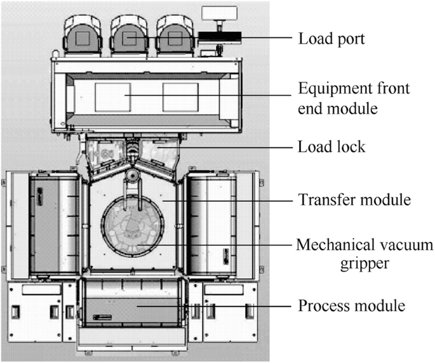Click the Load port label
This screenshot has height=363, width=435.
pyautogui.click(x=331, y=38)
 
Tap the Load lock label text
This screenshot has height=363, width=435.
pyautogui.click(x=331, y=147)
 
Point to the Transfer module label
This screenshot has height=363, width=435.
pyautogui.click(x=354, y=200)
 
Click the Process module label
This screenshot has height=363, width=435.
pyautogui.click(x=351, y=305)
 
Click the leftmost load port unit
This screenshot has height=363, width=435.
pyautogui.click(x=83, y=36)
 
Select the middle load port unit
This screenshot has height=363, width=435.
pyautogui.click(x=130, y=36)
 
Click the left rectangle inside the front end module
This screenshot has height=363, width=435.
pyautogui.click(x=112, y=96)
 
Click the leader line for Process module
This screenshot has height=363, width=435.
pyautogui.click(x=222, y=305)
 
